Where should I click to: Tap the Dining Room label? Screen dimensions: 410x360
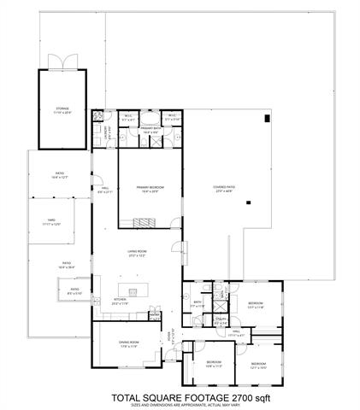[129, 343]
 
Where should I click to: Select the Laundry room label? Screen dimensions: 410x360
[109, 132]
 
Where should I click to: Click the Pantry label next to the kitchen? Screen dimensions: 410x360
[155, 314]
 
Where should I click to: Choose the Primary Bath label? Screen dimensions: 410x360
[152, 131]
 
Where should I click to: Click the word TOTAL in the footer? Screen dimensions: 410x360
[127, 397]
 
